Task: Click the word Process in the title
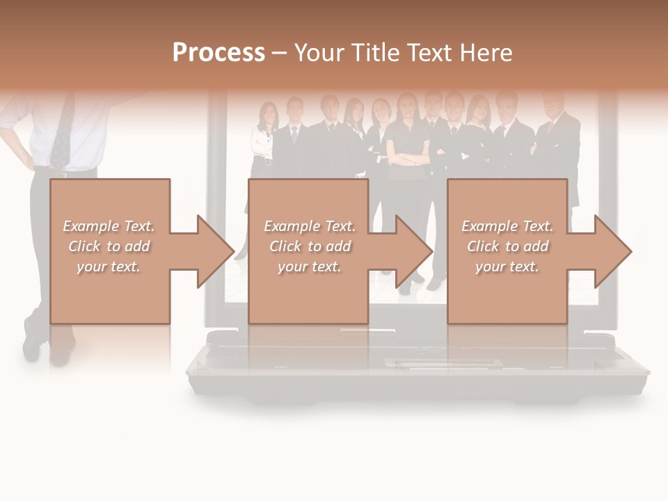[218, 53]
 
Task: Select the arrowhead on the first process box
[216, 251]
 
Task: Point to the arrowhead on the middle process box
[414, 251]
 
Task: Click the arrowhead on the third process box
[613, 251]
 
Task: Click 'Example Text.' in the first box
[109, 226]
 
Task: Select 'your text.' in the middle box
[309, 267]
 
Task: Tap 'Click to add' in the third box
[507, 246]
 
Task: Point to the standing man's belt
[70, 170]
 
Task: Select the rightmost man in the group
[557, 139]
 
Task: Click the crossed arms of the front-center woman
[407, 157]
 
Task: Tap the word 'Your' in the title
[319, 53]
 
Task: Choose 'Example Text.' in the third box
[507, 226]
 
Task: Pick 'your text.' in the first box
[109, 267]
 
